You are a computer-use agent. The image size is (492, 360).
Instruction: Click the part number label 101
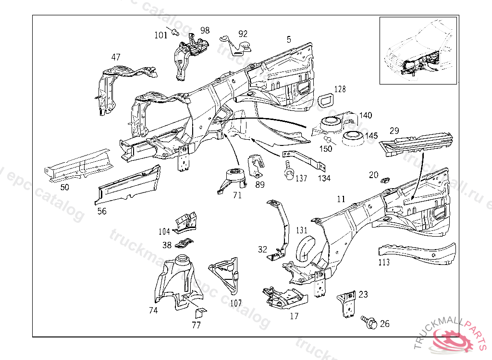pyautogui.click(x=160, y=35)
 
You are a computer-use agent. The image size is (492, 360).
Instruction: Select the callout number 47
pyautogui.click(x=116, y=57)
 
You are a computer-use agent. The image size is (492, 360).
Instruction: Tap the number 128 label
pyautogui.click(x=340, y=89)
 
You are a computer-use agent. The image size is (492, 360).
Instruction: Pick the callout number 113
pyautogui.click(x=384, y=263)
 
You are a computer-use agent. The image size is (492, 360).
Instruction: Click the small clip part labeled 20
pyautogui.click(x=385, y=180)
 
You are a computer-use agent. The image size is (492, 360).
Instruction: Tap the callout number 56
pyautogui.click(x=102, y=211)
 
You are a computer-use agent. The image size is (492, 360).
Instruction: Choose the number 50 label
pyautogui.click(x=64, y=187)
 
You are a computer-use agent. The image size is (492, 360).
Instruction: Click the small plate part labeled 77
pyautogui.click(x=198, y=312)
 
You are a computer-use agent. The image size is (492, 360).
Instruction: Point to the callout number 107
pyautogui.click(x=236, y=303)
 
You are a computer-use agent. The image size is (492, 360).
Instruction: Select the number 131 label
pyautogui.click(x=301, y=230)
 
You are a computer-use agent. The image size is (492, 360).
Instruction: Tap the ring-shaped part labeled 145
pyautogui.click(x=353, y=138)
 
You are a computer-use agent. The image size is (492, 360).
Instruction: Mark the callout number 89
pyautogui.click(x=259, y=184)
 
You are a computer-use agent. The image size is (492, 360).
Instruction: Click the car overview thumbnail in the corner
pyautogui.click(x=418, y=50)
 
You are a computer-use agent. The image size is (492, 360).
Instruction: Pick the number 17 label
pyautogui.click(x=294, y=316)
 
